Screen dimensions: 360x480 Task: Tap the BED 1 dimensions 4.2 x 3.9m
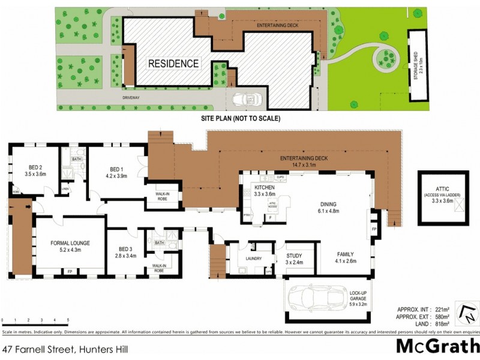point(116,177)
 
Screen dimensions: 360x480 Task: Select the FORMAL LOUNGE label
point(71,243)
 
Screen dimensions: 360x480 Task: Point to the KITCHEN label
point(248,188)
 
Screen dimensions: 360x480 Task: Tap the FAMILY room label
point(347,254)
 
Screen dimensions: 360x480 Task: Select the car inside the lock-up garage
point(311,297)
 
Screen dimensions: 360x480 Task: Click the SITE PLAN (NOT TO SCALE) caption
point(240,118)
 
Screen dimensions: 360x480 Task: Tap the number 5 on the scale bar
point(68,320)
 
